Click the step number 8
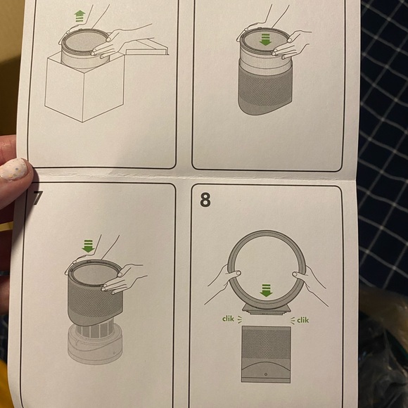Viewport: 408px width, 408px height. click(205, 200)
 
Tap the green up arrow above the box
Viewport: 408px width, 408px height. click(79, 16)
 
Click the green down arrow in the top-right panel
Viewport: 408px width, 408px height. click(265, 40)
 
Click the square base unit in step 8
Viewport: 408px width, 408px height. click(266, 352)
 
